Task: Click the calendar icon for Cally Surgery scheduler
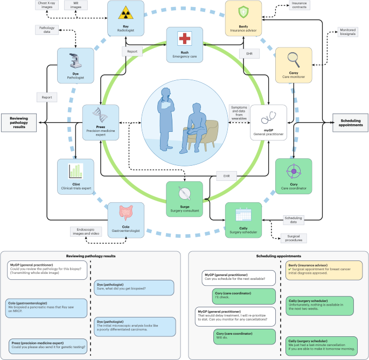pyautogui.click(x=243, y=214)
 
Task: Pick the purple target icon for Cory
pyautogui.click(x=294, y=172)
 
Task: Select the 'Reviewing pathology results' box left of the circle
pyautogui.click(x=18, y=123)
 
